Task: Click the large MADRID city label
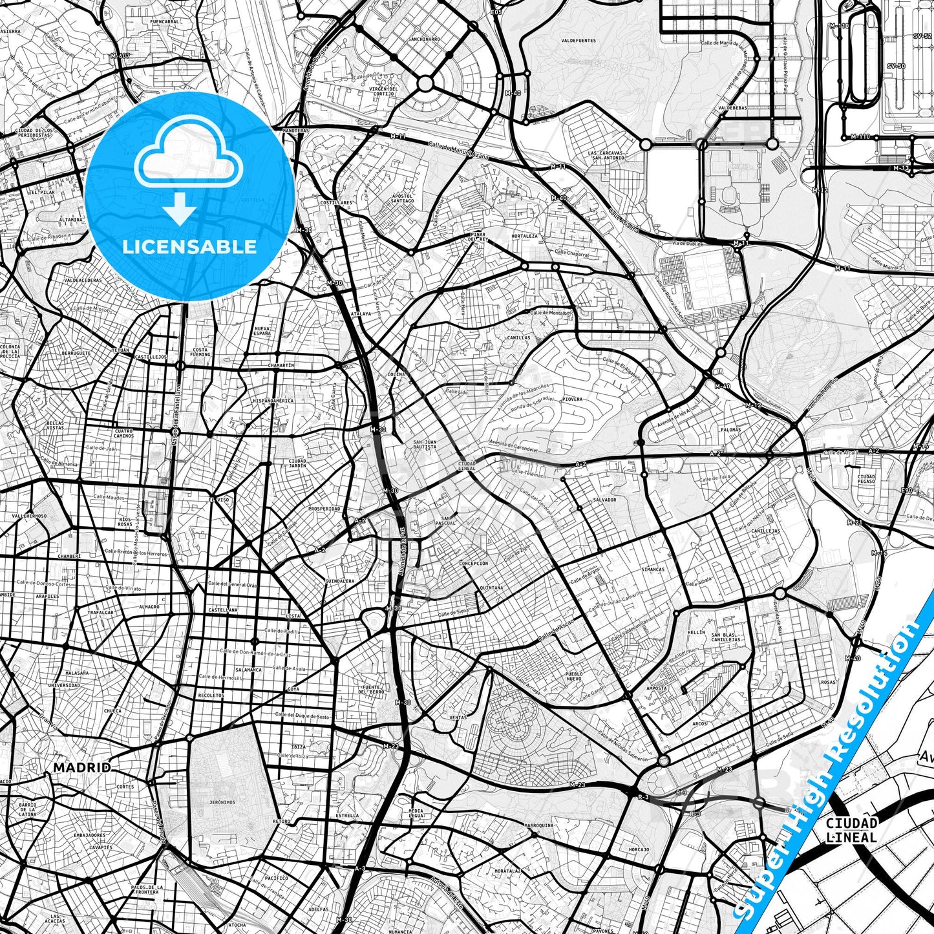coord(81,767)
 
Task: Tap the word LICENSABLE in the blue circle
coord(189,246)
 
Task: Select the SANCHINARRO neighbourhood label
coord(424,39)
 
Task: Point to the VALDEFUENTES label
coord(578,41)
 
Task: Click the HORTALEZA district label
coord(524,236)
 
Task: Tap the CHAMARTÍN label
coord(281,365)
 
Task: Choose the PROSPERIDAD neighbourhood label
coord(324,509)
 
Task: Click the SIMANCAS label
coord(653,569)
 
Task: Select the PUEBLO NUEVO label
coord(574,676)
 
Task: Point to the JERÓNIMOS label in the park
coord(222,801)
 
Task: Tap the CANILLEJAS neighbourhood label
coord(765,531)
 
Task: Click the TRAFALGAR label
coord(101,612)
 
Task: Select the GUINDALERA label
coord(340,581)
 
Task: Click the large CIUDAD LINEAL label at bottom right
coord(851,830)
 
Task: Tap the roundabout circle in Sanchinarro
coord(425,83)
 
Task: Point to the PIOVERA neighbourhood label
coord(572,399)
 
